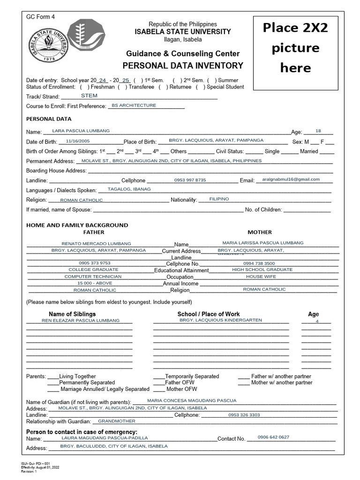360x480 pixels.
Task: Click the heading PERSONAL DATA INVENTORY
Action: click(x=183, y=66)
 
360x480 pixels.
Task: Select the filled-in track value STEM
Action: click(x=89, y=96)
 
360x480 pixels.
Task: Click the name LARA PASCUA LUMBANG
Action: click(x=81, y=131)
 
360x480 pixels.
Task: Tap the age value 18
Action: click(x=318, y=131)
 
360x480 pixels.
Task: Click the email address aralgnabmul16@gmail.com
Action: click(x=291, y=180)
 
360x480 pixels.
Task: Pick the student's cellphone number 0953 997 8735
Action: click(x=190, y=180)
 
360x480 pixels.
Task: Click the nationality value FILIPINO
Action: click(x=219, y=199)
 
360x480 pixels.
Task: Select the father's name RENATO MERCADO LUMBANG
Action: click(x=96, y=244)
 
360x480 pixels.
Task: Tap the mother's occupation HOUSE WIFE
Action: click(x=262, y=277)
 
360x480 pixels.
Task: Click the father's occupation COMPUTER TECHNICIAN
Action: click(x=93, y=277)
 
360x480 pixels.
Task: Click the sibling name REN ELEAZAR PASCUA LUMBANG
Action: click(x=81, y=321)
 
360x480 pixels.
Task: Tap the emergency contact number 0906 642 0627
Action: click(x=273, y=437)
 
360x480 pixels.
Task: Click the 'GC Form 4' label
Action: click(x=40, y=17)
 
